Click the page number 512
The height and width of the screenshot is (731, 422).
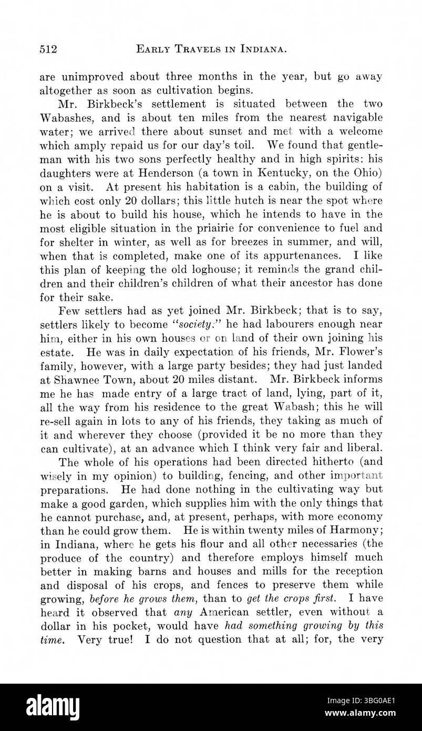tap(48, 50)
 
